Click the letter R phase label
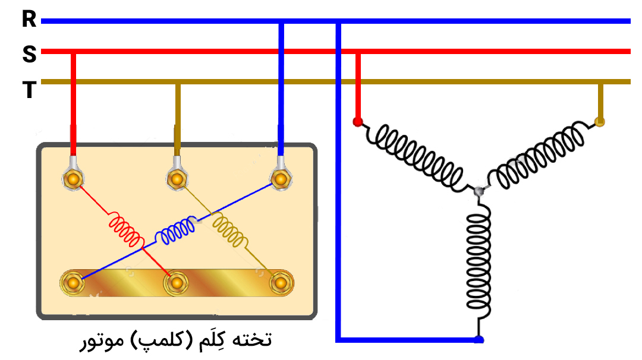click(29, 20)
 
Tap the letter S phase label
click(29, 55)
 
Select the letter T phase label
click(29, 90)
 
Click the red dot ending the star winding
click(357, 122)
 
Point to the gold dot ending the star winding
click(600, 122)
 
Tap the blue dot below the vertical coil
click(479, 340)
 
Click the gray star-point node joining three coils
click(478, 191)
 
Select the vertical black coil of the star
click(479, 261)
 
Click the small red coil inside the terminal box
click(125, 230)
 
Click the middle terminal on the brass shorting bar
click(176, 283)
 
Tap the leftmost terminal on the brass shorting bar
click(73, 283)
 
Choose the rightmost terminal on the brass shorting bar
click(279, 283)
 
